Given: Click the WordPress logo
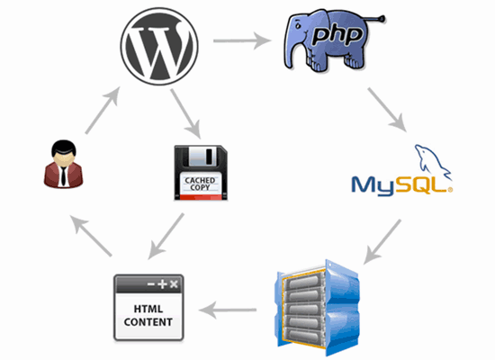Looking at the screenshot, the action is coord(159,47).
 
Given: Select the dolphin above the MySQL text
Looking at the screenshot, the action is coord(432,160).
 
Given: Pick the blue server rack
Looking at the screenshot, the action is coord(319,308).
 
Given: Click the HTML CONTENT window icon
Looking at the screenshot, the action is coord(148,308).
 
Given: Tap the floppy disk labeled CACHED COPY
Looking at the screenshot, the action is coord(201,173).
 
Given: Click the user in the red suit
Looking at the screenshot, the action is coord(64,164).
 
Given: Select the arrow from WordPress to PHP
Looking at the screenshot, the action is coord(242,40).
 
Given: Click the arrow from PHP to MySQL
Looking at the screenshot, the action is coord(387,109).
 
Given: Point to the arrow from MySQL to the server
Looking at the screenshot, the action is coord(382,242).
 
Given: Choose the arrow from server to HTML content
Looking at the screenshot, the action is coord(228,310).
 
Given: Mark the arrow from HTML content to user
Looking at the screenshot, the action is coord(91,236).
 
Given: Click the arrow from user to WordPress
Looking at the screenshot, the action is coord(103,110).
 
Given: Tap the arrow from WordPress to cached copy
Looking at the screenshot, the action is coord(185,113).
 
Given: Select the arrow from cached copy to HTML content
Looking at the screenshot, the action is coord(166,236).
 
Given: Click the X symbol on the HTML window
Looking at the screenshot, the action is coord(174,283).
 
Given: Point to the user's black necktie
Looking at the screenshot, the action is coord(64,176).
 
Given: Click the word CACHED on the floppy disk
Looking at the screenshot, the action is coord(200,180).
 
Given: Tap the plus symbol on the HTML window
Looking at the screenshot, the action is coord(162,283).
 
